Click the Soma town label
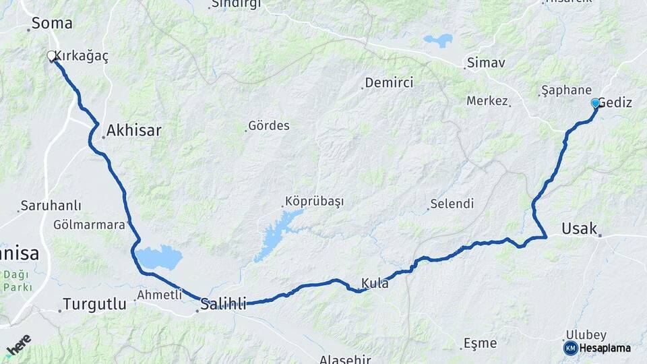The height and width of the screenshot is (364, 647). (x=52, y=23)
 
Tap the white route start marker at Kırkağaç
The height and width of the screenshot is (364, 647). (x=51, y=56)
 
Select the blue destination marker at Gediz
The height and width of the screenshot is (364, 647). (x=595, y=103)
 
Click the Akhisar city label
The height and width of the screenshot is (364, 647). (x=133, y=130)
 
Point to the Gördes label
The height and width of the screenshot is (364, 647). (x=269, y=125)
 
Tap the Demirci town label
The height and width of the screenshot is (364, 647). (x=389, y=83)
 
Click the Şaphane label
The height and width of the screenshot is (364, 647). (x=567, y=90)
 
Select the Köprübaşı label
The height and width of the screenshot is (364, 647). (x=314, y=202)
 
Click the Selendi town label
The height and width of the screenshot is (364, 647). (x=452, y=204)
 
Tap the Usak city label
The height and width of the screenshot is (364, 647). (x=580, y=229)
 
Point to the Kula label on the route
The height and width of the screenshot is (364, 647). (x=375, y=284)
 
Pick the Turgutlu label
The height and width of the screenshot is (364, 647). (x=94, y=304)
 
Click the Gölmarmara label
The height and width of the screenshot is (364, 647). (x=90, y=224)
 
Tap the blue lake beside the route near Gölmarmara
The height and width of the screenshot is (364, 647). (x=159, y=257)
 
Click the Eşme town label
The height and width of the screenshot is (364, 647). (x=481, y=343)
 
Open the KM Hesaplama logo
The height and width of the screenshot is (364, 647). (x=597, y=348)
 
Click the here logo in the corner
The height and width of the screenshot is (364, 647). (x=18, y=345)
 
